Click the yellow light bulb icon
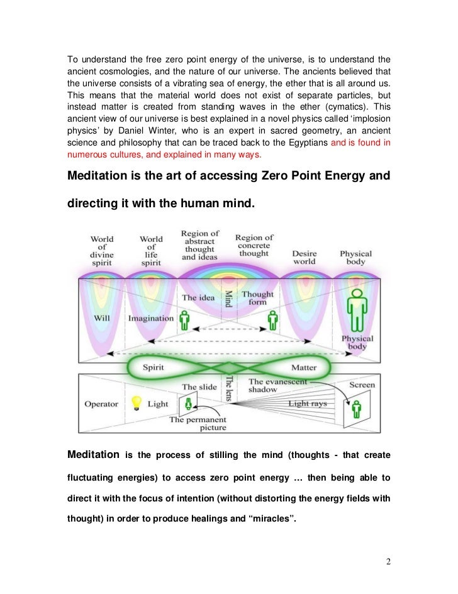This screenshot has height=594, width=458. [134, 402]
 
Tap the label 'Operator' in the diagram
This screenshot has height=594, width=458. [101, 403]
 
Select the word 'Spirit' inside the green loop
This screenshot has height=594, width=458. [154, 367]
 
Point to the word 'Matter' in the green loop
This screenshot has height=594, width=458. [304, 367]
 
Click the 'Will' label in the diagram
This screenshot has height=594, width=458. [102, 317]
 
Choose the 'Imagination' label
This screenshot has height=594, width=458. [151, 318]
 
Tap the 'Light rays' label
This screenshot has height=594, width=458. [307, 403]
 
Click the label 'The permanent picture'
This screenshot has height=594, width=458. [198, 424]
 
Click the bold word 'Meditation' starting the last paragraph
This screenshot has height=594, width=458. [93, 454]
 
